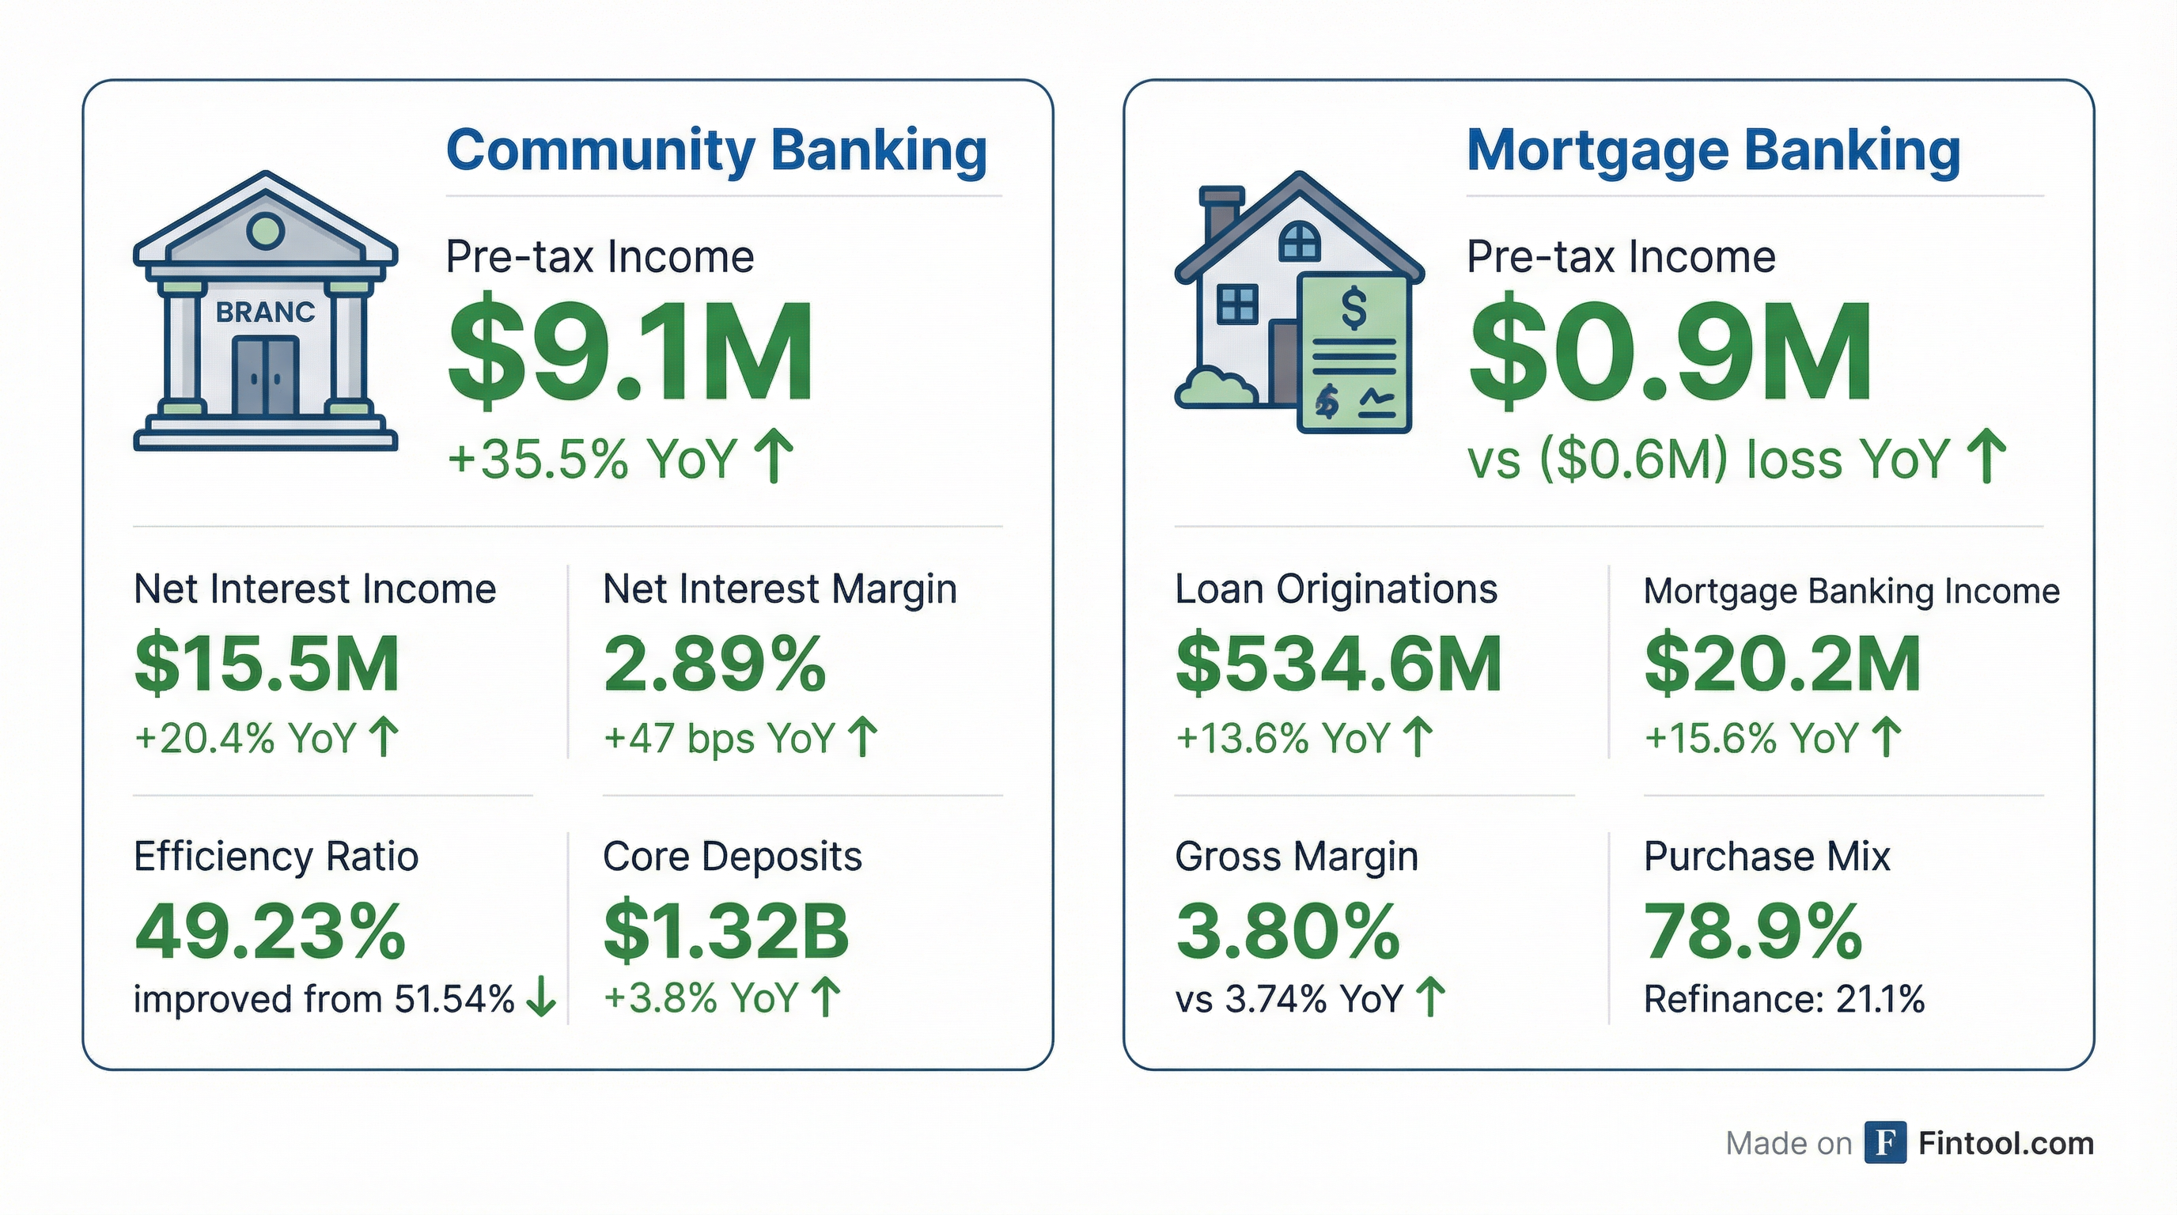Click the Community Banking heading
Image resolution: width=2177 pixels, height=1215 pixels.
(x=716, y=150)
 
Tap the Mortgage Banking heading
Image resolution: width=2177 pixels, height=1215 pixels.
(x=1713, y=150)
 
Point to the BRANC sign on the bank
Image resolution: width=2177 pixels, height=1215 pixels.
(x=265, y=312)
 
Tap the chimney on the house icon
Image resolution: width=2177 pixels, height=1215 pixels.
(x=1220, y=212)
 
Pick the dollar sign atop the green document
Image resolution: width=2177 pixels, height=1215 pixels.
(x=1353, y=307)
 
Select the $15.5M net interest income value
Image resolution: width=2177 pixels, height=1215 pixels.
(x=267, y=664)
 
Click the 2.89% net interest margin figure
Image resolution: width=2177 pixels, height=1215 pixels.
(x=715, y=664)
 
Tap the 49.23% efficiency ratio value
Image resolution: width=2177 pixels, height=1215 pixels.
(x=271, y=932)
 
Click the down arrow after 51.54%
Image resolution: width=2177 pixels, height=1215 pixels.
(x=541, y=999)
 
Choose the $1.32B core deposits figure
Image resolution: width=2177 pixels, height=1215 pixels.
(x=726, y=932)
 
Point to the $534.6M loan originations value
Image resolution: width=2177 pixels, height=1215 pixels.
(x=1338, y=664)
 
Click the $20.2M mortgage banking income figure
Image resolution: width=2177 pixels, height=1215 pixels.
(x=1782, y=664)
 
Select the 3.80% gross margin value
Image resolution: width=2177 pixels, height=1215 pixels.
(x=1288, y=932)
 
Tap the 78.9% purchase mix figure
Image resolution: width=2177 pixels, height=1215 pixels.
(x=1753, y=932)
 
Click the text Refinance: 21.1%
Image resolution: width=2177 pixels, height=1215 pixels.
(x=1784, y=1000)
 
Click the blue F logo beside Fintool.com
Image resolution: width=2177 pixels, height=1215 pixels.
(x=1885, y=1143)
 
